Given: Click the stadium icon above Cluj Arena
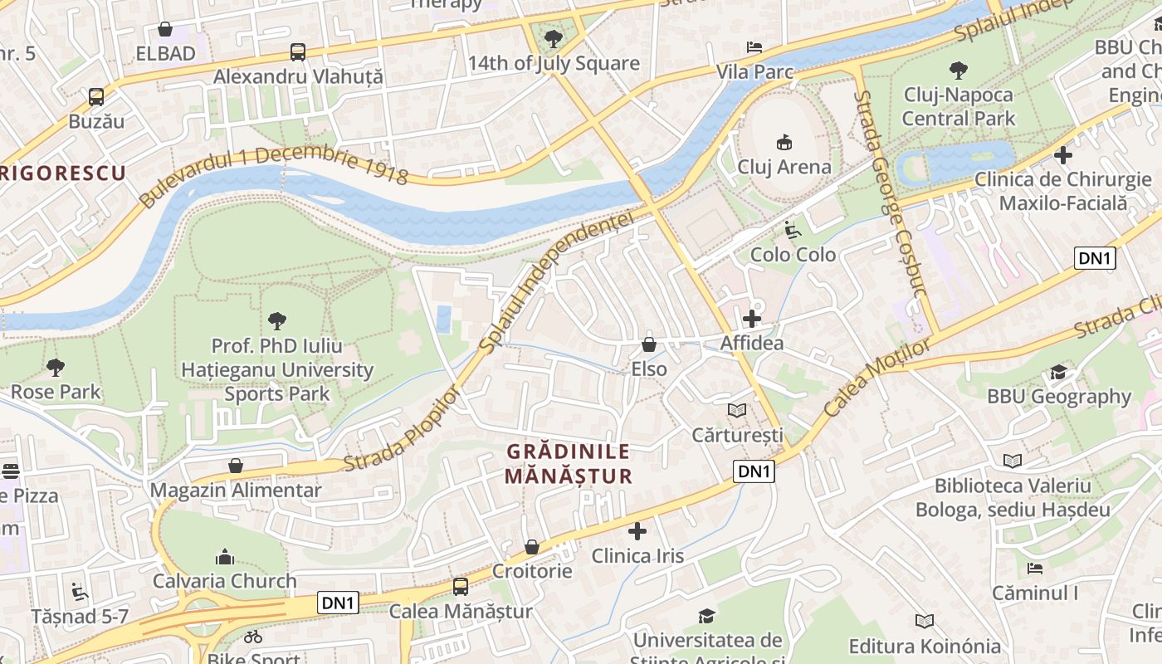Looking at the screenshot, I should [784, 143].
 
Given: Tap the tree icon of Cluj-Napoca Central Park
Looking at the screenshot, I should [958, 71].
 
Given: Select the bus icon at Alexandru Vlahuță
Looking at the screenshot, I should [298, 52].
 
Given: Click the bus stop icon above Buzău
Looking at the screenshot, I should [96, 97].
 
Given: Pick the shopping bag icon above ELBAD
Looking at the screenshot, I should [165, 30].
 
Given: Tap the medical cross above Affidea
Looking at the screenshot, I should [752, 319].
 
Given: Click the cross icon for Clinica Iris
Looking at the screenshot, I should [637, 531].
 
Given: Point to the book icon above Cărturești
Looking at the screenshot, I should [737, 410].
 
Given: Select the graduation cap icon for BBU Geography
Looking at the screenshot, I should [1058, 372].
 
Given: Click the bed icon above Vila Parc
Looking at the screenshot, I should [754, 47].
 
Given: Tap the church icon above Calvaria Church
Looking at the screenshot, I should [224, 557].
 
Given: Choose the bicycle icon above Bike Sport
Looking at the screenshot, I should [253, 637].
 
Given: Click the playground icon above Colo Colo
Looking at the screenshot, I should [792, 230].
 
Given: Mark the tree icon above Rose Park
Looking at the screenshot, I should [56, 367].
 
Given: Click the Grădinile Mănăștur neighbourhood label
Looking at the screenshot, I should [569, 464].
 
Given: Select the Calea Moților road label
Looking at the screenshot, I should [878, 378].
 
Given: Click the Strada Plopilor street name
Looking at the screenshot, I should [402, 429].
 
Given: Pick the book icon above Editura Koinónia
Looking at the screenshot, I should [925, 621].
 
